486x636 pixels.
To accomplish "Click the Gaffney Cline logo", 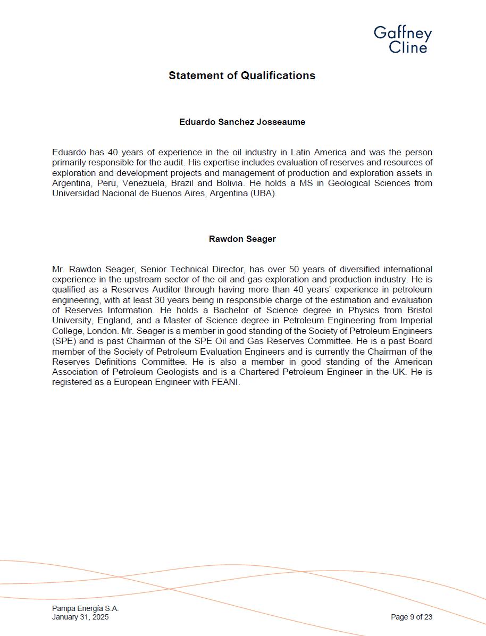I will coord(403,39).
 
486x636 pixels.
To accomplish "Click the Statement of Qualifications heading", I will coord(242,76).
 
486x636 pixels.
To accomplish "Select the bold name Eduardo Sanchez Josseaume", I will coord(242,122).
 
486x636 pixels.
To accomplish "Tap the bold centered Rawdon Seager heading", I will coord(242,239).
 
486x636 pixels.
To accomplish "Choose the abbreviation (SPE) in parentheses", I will coord(64,341).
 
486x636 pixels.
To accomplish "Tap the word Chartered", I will coord(258,372).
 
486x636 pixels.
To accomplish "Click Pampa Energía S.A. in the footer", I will coord(85,608).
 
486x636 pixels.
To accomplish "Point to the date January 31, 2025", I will coord(80,617).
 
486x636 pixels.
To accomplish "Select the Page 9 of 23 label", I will coord(411,617).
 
